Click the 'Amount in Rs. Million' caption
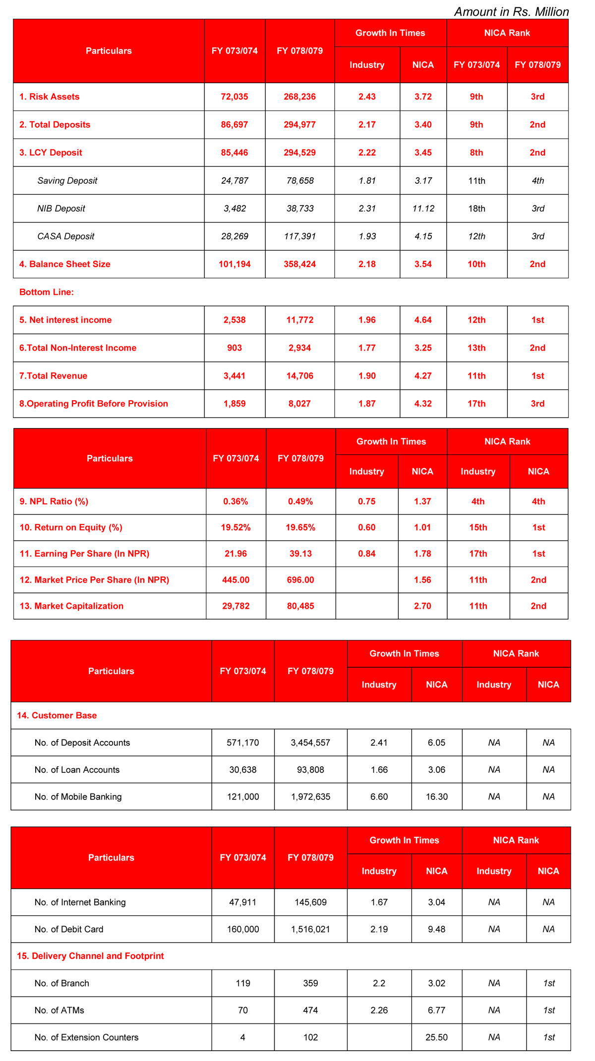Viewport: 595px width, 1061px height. click(x=511, y=12)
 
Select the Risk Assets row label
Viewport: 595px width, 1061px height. click(x=49, y=97)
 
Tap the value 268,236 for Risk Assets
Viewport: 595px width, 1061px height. click(x=299, y=97)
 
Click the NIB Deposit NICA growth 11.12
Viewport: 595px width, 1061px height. click(x=423, y=209)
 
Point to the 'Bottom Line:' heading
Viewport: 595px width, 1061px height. click(x=46, y=292)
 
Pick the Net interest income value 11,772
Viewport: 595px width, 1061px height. click(x=299, y=320)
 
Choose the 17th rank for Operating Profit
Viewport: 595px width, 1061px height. click(x=476, y=404)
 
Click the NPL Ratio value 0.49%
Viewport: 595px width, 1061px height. click(x=300, y=501)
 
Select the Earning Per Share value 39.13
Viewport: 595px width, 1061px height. click(x=300, y=554)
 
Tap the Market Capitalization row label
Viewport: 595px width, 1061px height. click(x=71, y=606)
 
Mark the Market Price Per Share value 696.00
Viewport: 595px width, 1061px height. click(x=300, y=580)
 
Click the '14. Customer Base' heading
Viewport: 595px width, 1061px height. click(x=57, y=715)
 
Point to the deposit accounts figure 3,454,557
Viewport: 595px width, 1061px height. click(x=310, y=743)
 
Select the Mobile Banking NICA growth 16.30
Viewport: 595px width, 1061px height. click(x=436, y=796)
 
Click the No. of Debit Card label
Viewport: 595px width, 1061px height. click(x=69, y=929)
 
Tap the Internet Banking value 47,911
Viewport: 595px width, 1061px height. click(x=242, y=902)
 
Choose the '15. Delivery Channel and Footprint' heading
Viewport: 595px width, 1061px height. click(x=90, y=956)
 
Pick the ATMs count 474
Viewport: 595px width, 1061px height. click(x=310, y=1010)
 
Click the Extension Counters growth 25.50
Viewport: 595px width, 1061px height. click(x=436, y=1037)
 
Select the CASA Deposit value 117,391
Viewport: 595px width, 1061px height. click(x=299, y=236)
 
